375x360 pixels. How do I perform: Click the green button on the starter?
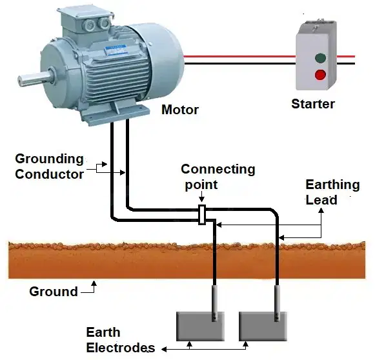320,58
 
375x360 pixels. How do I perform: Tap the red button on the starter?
320,75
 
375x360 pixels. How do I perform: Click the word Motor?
180,110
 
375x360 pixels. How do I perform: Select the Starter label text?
313,104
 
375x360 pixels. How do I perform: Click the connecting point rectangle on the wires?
202,215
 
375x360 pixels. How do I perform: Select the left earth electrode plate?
200,326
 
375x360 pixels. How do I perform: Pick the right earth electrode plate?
263,326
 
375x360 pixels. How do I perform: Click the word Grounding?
49,159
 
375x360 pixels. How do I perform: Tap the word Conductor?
50,174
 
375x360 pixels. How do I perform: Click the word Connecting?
218,170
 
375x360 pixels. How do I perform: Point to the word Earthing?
332,185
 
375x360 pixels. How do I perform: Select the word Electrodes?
120,348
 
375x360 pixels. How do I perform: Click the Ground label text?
54,292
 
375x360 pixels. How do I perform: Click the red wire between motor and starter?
239,57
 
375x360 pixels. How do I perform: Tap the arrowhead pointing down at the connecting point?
202,200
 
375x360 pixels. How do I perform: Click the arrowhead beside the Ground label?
94,283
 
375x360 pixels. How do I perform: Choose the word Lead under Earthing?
321,200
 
